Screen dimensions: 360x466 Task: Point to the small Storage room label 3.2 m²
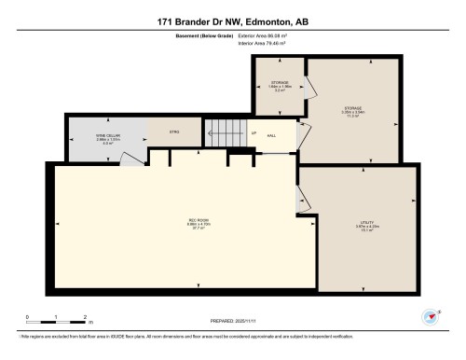pyautogui.click(x=281, y=86)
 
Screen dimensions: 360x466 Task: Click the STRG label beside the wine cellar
pyautogui.click(x=173, y=133)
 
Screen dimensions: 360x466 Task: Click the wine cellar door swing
pyautogui.click(x=133, y=159)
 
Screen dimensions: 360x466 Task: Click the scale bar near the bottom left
pyautogui.click(x=56, y=320)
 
